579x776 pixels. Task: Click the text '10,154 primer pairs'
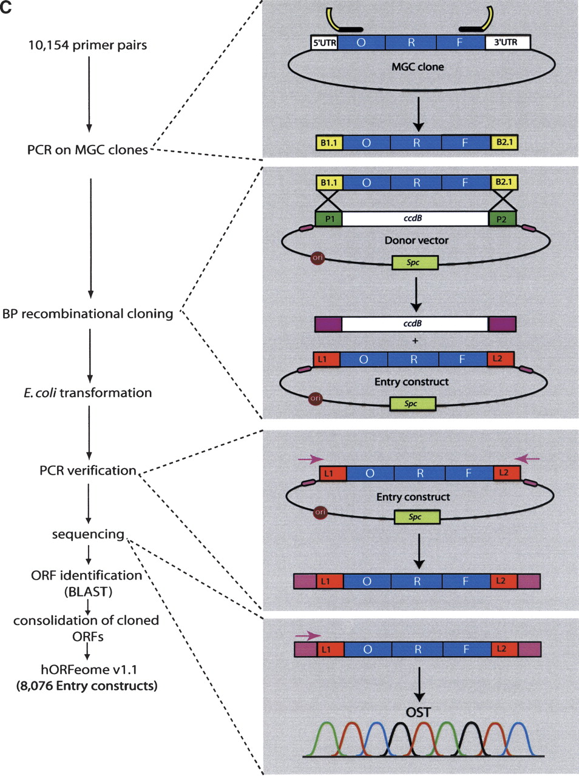pos(87,45)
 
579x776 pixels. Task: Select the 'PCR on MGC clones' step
pos(87,150)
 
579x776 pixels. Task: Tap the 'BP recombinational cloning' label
pos(88,313)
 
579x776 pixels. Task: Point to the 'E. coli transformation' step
pos(88,393)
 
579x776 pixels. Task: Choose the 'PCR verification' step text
pos(88,470)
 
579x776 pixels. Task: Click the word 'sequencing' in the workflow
pos(88,534)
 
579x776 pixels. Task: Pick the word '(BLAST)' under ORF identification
pos(88,592)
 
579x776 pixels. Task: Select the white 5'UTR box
pos(324,42)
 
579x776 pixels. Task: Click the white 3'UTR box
pos(507,42)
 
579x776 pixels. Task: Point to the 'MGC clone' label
pos(418,67)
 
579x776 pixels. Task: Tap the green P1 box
pos(329,219)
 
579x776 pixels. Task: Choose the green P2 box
pos(502,219)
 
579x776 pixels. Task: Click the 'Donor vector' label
pos(416,241)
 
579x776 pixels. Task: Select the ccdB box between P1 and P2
pos(415,219)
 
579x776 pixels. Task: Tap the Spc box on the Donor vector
pos(415,263)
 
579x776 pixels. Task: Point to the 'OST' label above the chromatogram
pos(418,712)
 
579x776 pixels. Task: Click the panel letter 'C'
pos(7,8)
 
